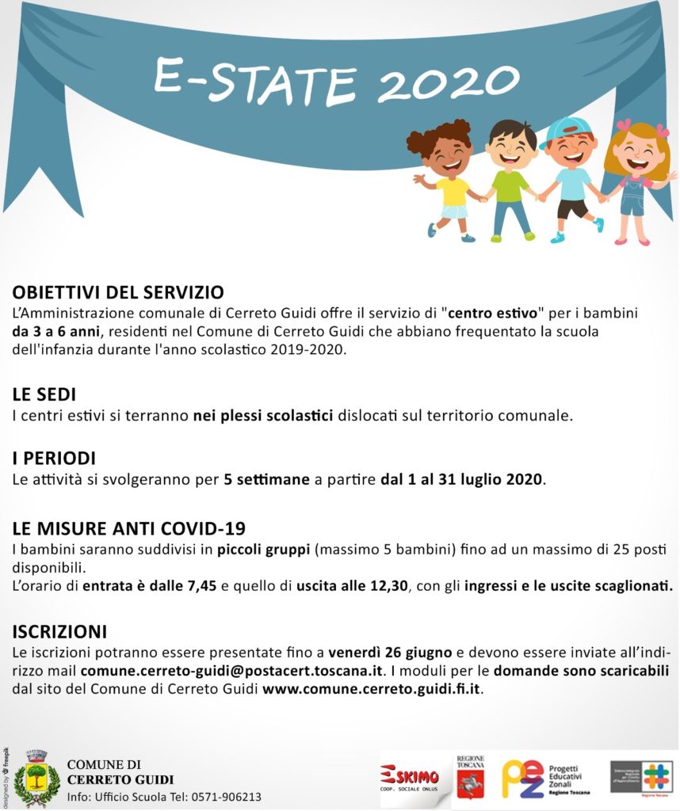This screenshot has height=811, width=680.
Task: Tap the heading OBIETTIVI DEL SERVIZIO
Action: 118,292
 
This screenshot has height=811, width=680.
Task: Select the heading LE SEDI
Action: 44,394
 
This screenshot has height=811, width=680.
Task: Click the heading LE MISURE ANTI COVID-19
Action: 129,529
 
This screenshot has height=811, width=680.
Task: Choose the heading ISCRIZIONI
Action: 59,632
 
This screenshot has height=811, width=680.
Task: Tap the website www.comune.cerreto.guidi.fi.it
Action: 372,689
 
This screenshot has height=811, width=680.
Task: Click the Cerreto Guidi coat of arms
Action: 36,775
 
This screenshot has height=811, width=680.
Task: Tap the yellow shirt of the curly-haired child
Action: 453,191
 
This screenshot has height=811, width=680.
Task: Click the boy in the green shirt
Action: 510,178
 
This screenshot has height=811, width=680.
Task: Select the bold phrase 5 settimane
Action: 266,480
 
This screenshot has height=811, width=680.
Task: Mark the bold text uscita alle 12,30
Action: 352,587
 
